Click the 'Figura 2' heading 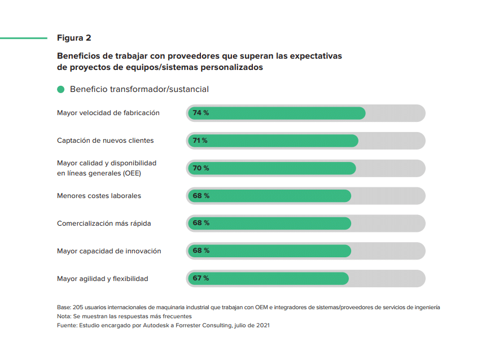[x=74, y=38]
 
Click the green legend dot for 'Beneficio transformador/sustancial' [x=61, y=89]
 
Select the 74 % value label [x=201, y=113]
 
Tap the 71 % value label [x=200, y=141]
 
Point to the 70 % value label [x=201, y=168]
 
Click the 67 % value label [x=201, y=278]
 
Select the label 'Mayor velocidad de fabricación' [x=108, y=113]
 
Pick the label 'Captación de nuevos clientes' [x=105, y=141]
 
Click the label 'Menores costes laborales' [x=99, y=196]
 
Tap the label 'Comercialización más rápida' [x=104, y=223]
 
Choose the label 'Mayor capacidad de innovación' [x=109, y=251]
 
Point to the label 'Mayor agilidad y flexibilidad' [x=103, y=279]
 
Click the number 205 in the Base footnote [x=78, y=308]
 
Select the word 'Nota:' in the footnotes [x=64, y=317]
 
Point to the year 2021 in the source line [x=262, y=326]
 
